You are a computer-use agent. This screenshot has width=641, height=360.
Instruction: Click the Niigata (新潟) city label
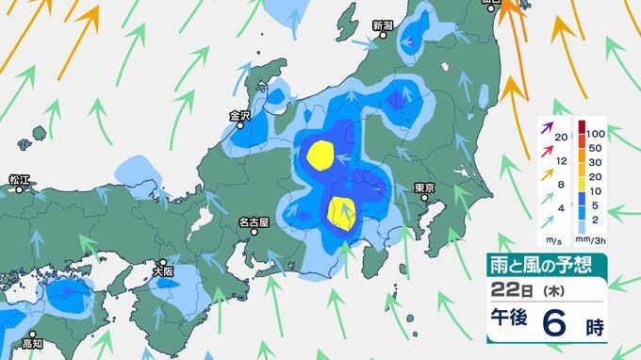point(382,25)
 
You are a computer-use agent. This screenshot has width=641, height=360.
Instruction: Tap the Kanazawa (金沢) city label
point(239,116)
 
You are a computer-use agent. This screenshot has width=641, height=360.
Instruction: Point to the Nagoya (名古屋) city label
point(254,223)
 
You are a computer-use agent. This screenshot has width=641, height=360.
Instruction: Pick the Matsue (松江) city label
point(20,178)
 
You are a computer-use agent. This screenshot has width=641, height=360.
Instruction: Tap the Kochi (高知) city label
point(33,345)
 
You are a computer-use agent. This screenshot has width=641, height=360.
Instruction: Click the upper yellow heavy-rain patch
point(322,154)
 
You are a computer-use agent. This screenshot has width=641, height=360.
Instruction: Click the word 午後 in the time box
point(510,322)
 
